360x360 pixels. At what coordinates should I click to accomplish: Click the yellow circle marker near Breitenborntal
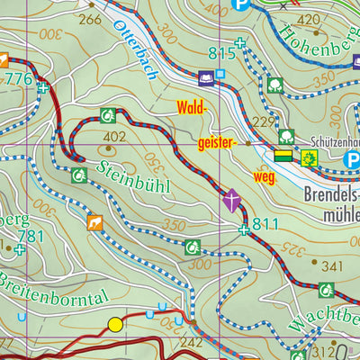coord(115,324)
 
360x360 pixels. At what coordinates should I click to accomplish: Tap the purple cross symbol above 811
coord(233,200)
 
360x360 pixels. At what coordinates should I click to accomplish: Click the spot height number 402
coord(113,137)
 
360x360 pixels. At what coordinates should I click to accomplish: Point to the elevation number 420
coord(309,19)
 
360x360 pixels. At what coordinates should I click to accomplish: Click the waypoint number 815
coord(221,54)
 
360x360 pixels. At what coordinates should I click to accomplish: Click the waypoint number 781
coord(30,236)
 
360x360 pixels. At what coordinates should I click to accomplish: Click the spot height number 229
coord(262,122)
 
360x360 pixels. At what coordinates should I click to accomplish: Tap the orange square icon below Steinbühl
coord(94,221)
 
